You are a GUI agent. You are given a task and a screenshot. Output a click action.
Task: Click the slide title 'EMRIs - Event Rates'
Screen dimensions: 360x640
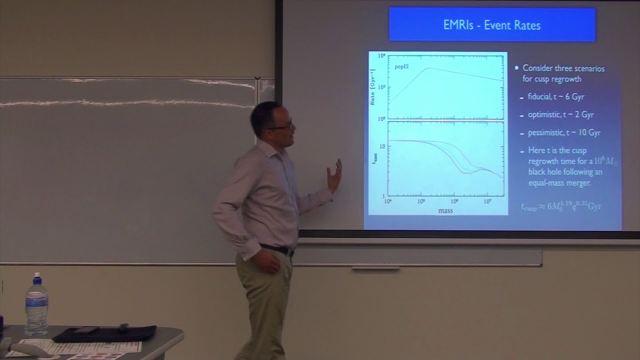[x=492, y=25]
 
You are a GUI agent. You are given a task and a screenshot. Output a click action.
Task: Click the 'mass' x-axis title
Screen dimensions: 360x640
[x=445, y=210]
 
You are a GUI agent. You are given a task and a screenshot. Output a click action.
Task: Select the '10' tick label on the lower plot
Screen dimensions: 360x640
[x=382, y=146]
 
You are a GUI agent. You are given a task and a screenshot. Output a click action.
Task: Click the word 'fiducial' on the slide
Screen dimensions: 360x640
[x=539, y=96]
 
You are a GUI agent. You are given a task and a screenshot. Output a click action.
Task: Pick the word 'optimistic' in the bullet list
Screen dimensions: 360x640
[x=544, y=114]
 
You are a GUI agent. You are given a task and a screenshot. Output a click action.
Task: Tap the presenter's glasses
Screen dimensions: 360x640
[x=281, y=126]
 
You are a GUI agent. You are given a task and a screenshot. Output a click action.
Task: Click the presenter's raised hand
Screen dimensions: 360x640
[x=334, y=176]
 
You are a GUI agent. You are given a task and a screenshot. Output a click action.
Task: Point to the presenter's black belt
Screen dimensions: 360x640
[x=275, y=248]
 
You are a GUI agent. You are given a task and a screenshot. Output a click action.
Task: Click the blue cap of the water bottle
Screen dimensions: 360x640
[x=36, y=276]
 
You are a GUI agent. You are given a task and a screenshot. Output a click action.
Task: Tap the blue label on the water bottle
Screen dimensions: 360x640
[x=36, y=304]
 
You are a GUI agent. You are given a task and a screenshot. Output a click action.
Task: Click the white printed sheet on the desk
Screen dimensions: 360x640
[x=80, y=346]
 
